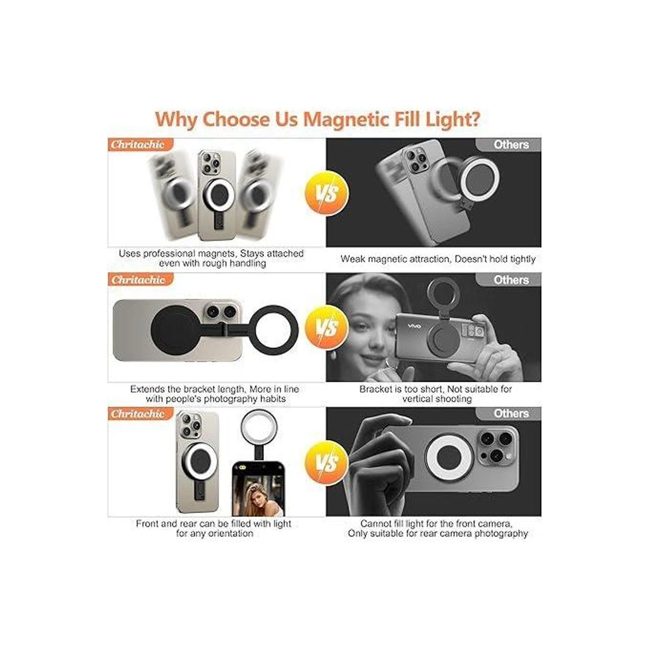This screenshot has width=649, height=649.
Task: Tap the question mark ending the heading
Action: click(474, 118)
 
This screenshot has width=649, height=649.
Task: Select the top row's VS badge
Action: click(326, 193)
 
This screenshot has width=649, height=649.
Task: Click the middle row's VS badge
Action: click(326, 327)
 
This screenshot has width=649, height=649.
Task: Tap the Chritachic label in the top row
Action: click(138, 144)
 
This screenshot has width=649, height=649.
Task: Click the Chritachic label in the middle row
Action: click(138, 280)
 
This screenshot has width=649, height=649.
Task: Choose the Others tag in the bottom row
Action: click(511, 414)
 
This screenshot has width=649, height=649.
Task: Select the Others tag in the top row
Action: click(511, 144)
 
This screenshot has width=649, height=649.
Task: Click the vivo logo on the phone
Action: click(415, 326)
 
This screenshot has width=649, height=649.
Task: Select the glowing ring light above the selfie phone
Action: click(259, 428)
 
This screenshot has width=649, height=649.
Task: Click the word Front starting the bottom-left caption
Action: click(147, 524)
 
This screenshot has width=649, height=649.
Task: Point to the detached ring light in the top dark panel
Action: click(480, 179)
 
